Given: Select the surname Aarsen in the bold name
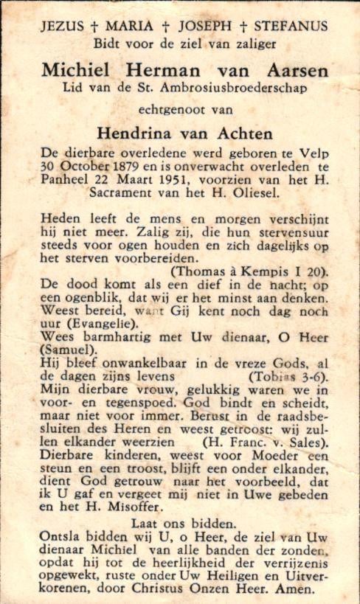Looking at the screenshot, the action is [x=291, y=71].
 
